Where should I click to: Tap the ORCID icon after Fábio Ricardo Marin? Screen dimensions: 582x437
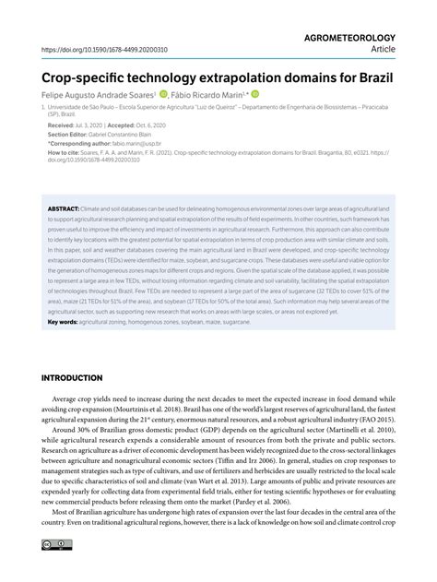(255, 93)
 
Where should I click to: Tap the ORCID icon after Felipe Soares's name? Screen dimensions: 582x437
(162, 93)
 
